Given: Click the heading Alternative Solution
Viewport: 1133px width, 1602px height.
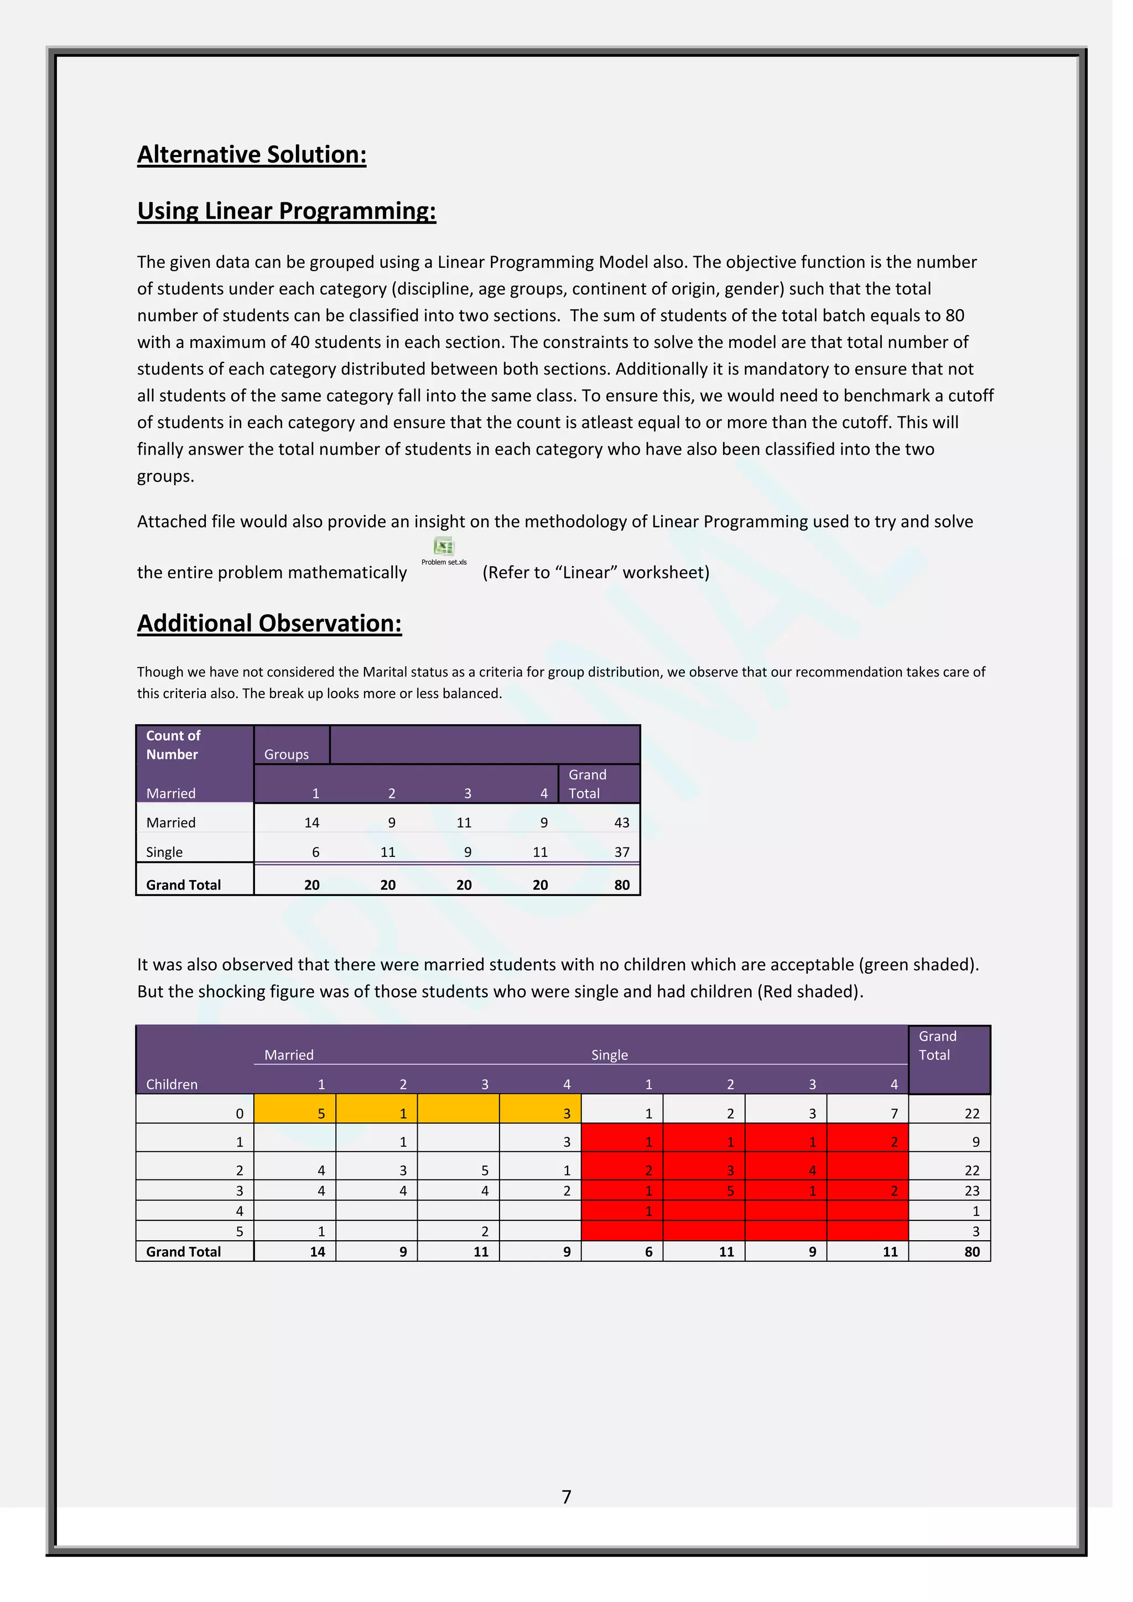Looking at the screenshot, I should tap(251, 154).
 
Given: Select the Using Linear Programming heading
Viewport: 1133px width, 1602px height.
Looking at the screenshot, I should tap(286, 211).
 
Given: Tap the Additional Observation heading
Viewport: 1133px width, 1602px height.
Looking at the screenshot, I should tap(269, 623).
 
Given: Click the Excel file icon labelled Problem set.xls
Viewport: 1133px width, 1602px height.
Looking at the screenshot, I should tap(444, 547).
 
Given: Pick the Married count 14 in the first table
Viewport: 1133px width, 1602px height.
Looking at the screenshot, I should tap(312, 823).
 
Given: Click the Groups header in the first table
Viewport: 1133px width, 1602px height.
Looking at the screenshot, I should tap(286, 754).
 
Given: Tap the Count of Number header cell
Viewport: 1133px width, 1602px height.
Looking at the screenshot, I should tap(173, 745).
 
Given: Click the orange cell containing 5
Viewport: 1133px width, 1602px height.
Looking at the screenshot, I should tap(321, 1114).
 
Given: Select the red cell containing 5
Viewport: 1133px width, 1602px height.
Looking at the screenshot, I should tap(730, 1190).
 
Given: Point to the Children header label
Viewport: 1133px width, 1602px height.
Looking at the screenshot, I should tap(171, 1084).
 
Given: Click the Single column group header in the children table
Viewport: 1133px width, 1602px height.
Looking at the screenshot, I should tap(609, 1055).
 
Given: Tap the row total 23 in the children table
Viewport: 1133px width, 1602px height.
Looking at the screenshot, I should tap(972, 1190).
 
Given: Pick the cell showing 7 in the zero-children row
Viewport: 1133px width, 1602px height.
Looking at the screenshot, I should tap(893, 1114).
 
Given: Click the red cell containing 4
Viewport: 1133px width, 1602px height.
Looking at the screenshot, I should tap(812, 1170).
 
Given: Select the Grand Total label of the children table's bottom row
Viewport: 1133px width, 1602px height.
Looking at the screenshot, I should tap(184, 1252).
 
